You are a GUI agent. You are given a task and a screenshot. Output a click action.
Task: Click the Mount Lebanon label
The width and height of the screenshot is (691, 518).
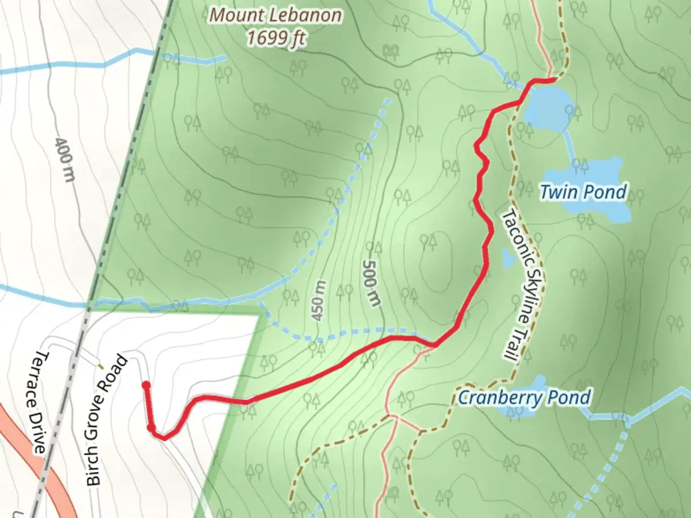(x=276, y=15)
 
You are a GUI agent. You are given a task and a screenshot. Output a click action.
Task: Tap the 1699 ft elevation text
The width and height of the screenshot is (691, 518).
(x=276, y=37)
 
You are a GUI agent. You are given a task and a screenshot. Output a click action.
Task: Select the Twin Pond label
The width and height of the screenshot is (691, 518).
(x=583, y=192)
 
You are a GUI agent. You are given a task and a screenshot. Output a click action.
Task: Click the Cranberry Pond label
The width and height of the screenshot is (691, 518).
(x=524, y=398)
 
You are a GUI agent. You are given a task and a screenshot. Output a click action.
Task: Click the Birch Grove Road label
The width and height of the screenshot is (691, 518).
(x=107, y=420)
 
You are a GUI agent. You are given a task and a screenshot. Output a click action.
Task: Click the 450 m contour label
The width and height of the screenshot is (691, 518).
(x=319, y=301)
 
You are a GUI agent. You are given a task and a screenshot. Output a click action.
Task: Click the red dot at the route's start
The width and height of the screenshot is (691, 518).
(x=146, y=385)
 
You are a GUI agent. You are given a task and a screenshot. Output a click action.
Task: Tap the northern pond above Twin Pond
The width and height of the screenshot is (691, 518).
(x=547, y=109)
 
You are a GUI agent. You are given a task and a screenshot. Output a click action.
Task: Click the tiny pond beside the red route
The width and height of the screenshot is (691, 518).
(x=507, y=258)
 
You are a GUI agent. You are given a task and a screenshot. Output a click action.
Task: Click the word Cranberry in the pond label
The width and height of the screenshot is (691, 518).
(x=499, y=398)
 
